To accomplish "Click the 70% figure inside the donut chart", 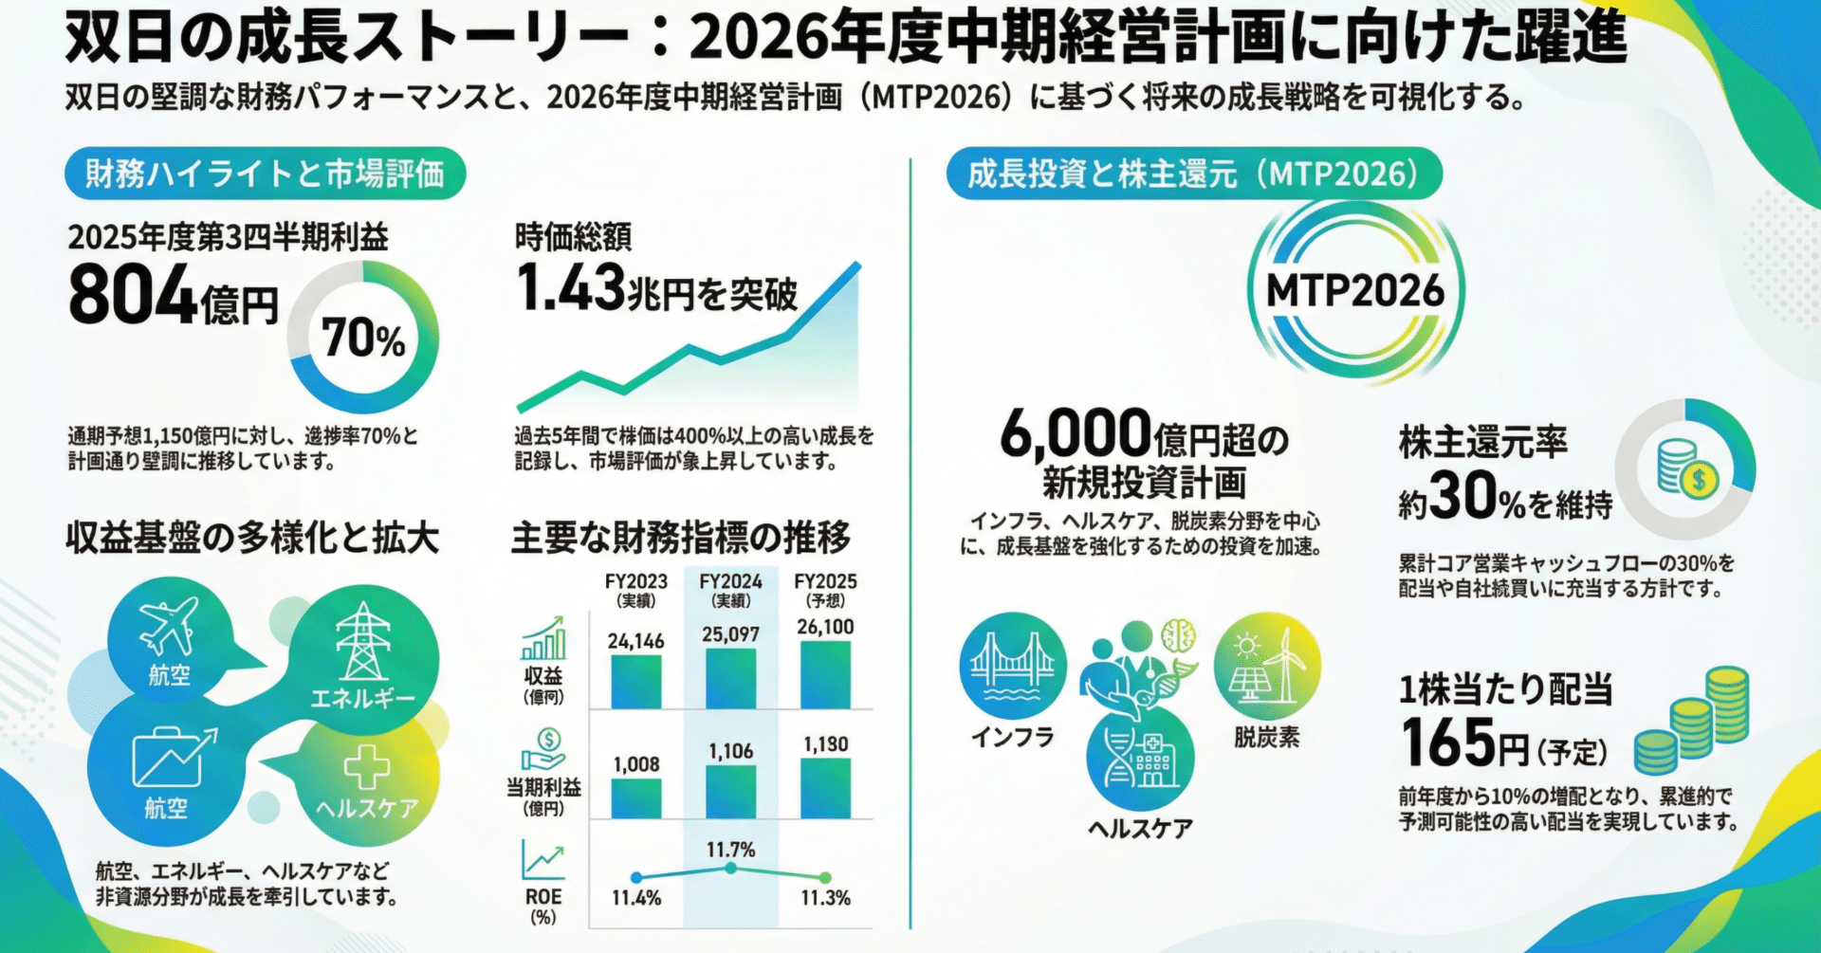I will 363,339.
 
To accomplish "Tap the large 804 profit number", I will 133,295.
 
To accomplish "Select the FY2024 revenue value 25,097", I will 730,634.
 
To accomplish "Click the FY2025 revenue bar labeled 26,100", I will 825,674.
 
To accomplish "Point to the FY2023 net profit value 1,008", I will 636,764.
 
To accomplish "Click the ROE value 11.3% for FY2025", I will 825,898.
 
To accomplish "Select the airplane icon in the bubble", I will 169,625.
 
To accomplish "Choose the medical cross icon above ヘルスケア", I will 366,766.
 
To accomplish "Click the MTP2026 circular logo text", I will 1355,291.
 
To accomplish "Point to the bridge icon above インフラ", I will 1013,664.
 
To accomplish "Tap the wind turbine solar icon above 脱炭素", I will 1266,666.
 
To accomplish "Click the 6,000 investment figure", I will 1076,434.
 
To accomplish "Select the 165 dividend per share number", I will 1447,742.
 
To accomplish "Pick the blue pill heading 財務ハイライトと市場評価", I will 265,174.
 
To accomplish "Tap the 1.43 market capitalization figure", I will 571,288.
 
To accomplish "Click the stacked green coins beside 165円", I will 1693,722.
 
